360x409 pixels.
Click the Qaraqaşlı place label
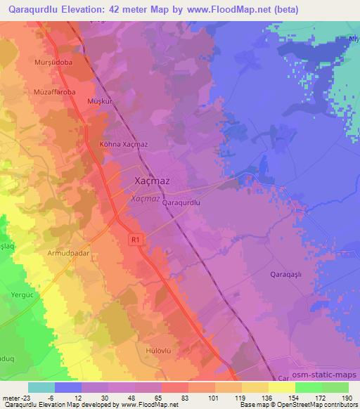[286, 276]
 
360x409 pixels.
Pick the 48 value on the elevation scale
[134, 398]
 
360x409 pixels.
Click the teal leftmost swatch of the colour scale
[41, 387]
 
